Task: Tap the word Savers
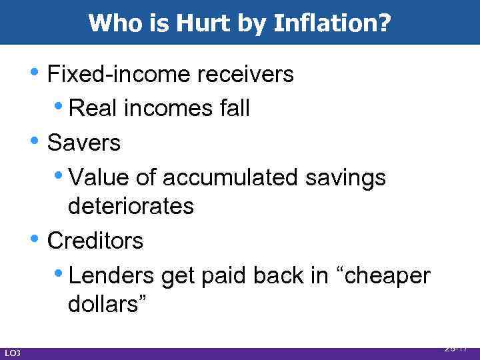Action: point(85,142)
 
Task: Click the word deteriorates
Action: point(131,207)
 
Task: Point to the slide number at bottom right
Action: point(457,348)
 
